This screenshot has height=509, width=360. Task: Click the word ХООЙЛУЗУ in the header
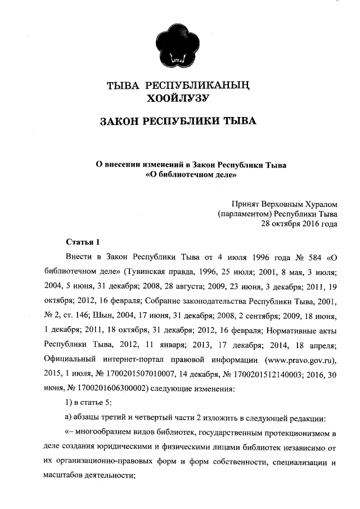pos(178,100)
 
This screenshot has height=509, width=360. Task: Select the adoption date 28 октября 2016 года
pos(299,224)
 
